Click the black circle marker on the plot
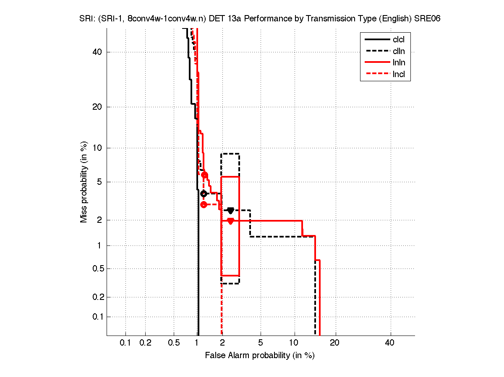click(204, 194)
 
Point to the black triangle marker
click(230, 210)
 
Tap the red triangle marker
click(230, 221)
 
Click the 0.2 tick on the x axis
click(145, 343)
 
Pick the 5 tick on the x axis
click(261, 343)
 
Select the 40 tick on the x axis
click(390, 343)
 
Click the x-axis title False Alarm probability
click(260, 356)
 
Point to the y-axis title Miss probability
click(84, 182)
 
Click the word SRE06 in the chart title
click(428, 19)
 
